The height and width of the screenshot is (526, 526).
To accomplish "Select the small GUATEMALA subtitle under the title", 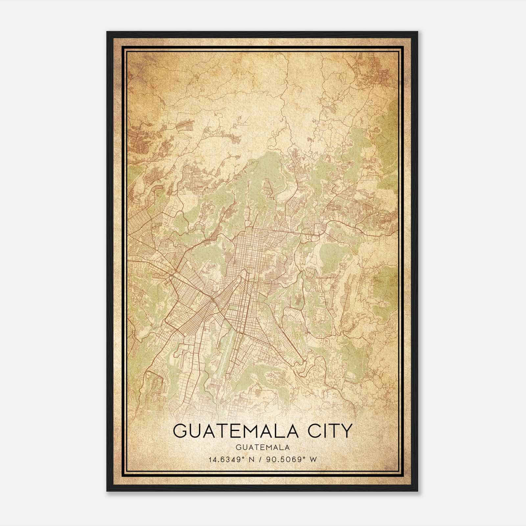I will (263, 447).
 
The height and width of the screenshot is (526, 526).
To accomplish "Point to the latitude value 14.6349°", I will (227, 460).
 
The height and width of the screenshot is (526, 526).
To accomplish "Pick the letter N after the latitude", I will (252, 460).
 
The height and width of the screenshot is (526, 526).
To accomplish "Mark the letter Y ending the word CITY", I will (346, 431).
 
